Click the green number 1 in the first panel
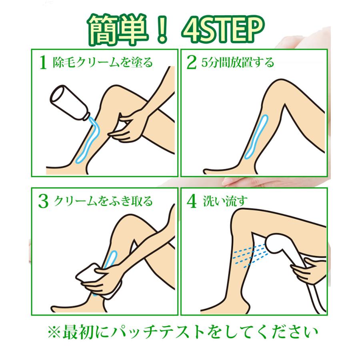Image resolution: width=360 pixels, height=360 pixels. click(43, 62)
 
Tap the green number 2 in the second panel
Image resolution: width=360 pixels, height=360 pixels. click(192, 62)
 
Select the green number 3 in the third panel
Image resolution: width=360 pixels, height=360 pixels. click(43, 201)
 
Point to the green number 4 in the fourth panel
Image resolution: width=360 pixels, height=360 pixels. click(192, 201)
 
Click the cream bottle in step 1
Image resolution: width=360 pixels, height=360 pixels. click(70, 102)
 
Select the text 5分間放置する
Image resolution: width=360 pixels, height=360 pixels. click(238, 62)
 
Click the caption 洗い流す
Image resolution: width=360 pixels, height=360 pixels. click(225, 201)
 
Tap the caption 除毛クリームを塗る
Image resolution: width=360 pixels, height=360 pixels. click(103, 62)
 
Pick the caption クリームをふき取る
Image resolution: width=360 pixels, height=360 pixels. click(103, 201)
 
